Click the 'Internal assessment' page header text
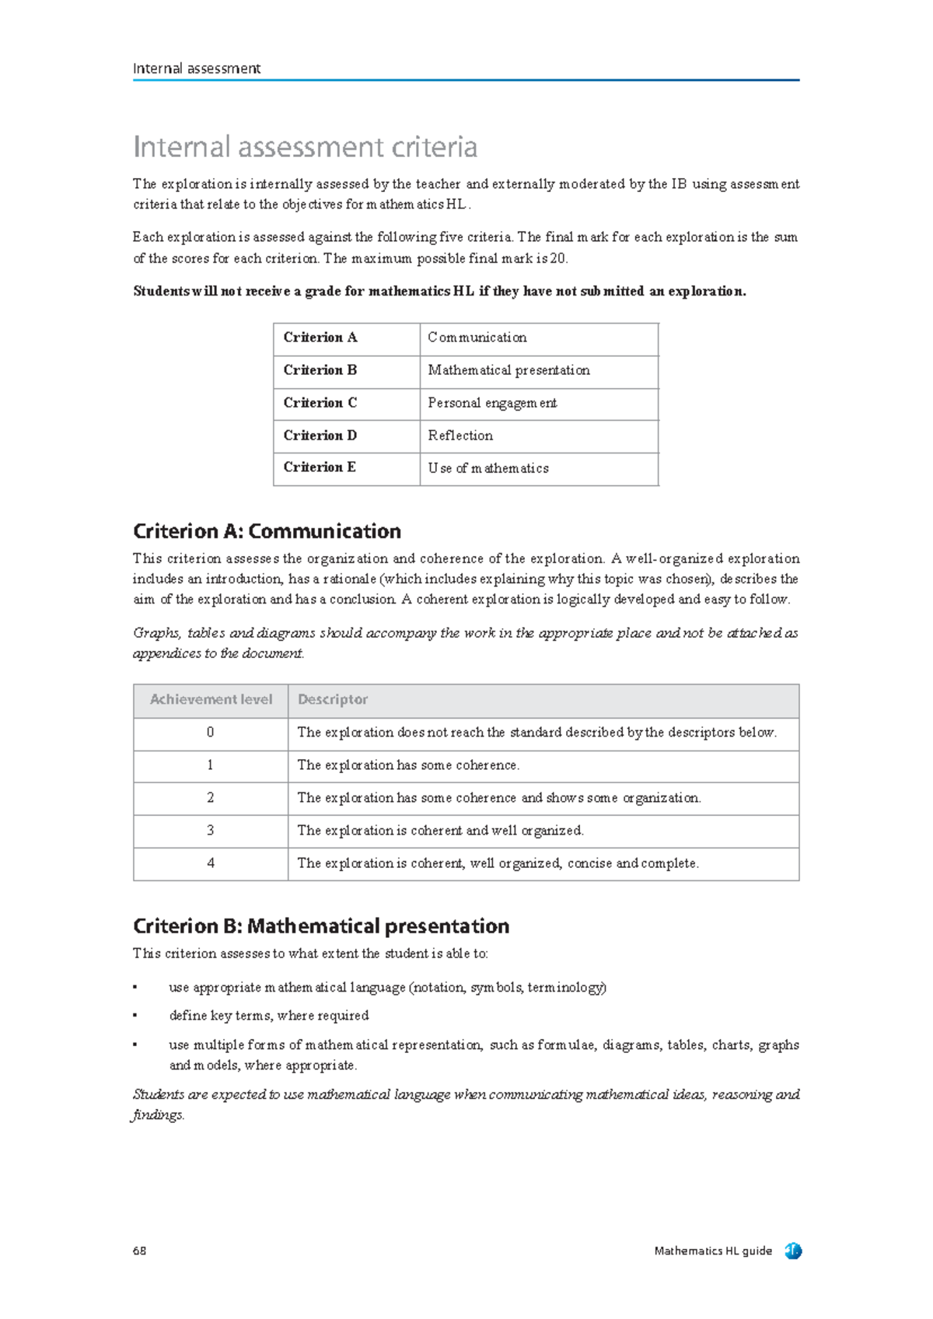(197, 68)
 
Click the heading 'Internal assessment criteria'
(305, 147)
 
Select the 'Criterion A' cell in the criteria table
(320, 338)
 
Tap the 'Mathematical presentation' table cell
(508, 370)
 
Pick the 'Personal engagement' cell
(492, 403)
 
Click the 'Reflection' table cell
(460, 436)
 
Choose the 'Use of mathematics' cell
(488, 468)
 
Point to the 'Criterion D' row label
(320, 436)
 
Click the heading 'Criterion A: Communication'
(267, 531)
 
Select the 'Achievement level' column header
(211, 700)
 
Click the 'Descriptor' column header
(333, 700)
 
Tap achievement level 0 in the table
(211, 733)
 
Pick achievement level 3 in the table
(211, 831)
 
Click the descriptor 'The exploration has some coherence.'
(408, 765)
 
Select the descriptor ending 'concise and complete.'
(498, 863)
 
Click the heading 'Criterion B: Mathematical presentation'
(321, 926)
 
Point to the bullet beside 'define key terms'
(135, 1016)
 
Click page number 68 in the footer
(139, 1251)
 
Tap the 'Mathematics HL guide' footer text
(713, 1251)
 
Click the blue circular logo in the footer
(793, 1251)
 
